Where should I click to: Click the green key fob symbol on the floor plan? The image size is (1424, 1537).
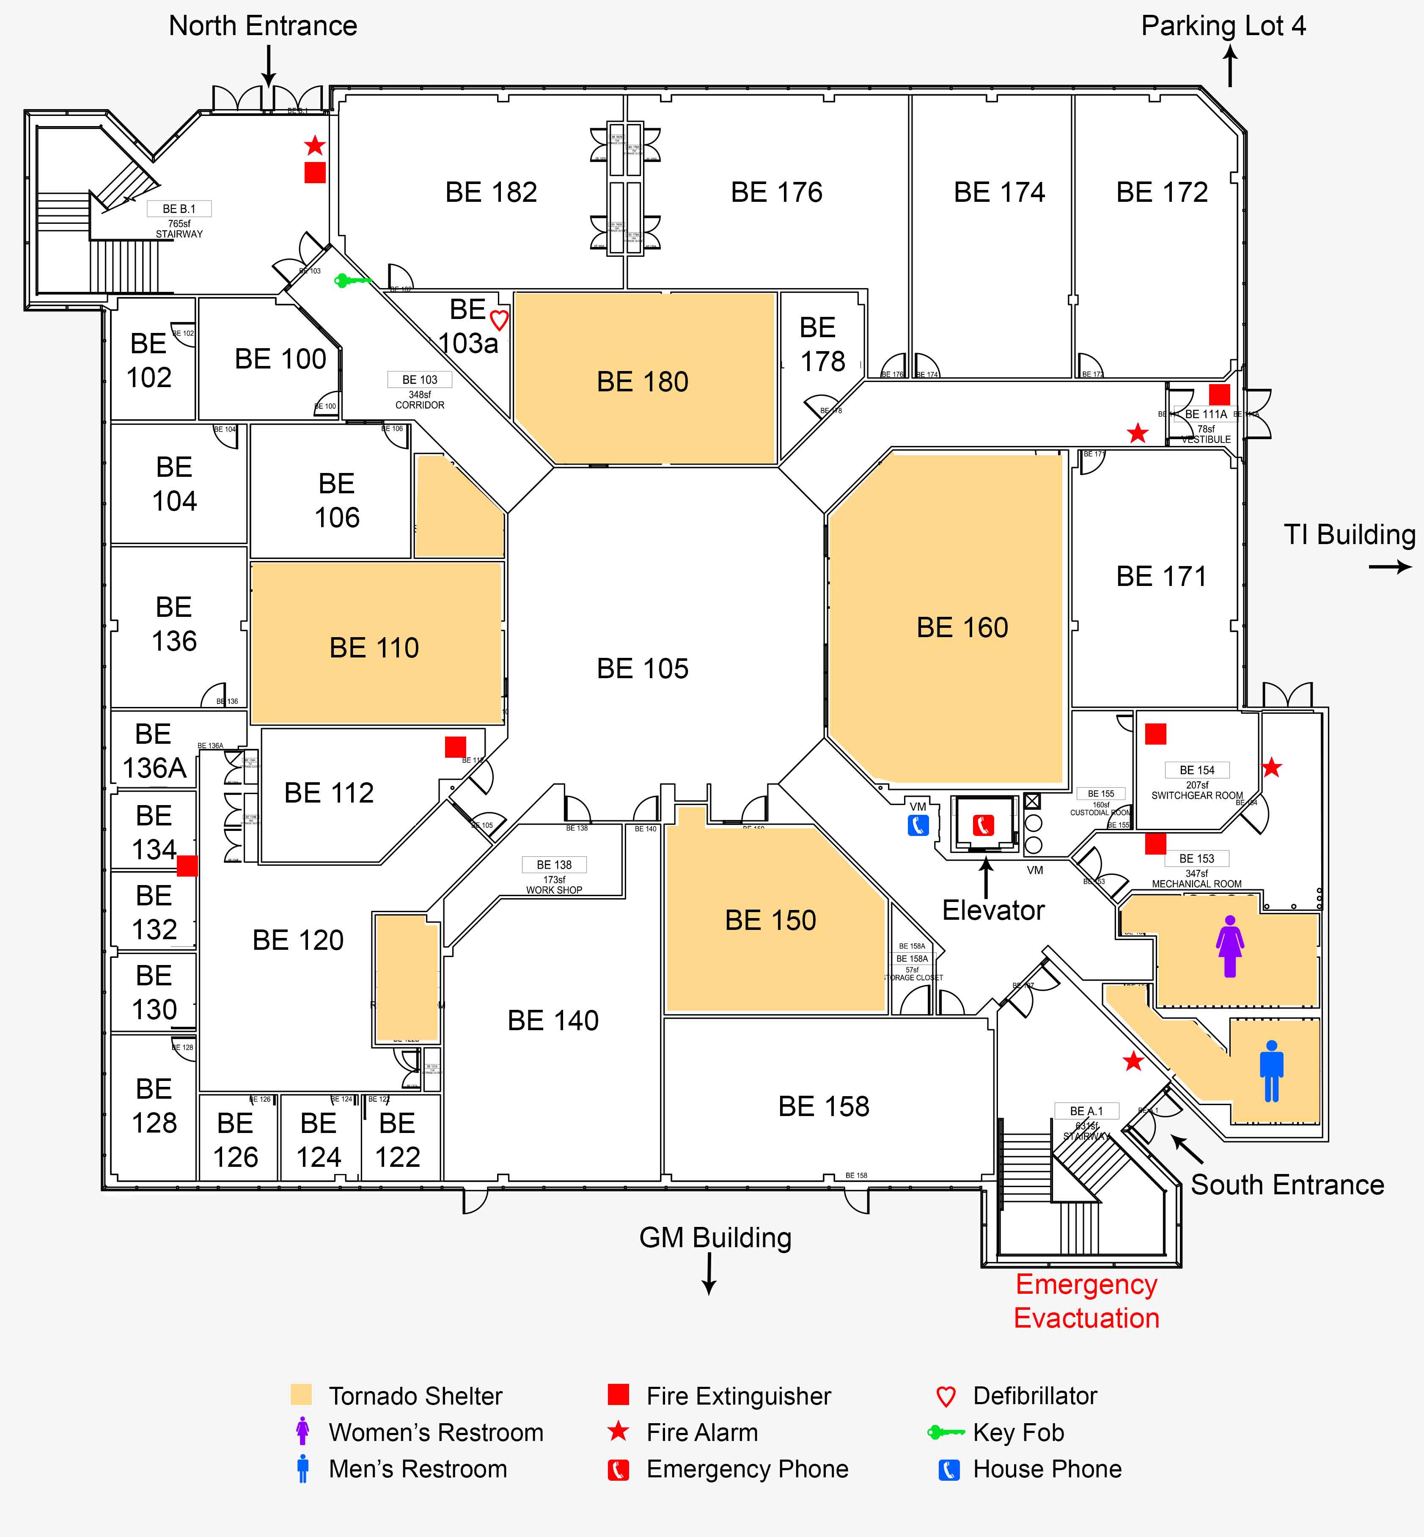352,280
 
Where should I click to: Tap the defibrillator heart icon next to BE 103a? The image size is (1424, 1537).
499,320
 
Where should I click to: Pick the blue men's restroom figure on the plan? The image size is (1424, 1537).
1271,1071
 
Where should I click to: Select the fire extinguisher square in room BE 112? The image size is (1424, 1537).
455,747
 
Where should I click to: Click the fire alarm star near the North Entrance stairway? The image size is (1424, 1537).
314,145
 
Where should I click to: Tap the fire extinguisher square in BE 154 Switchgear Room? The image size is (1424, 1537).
1155,734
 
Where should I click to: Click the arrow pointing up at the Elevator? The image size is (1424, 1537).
986,876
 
